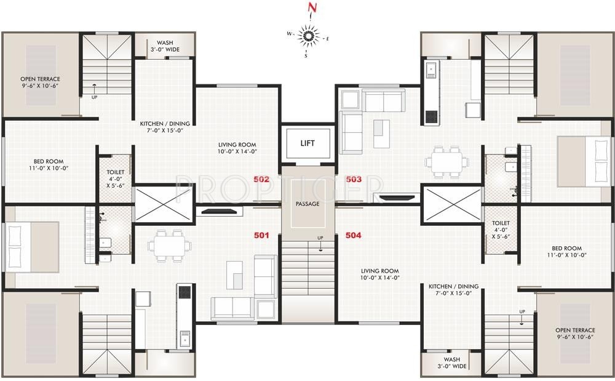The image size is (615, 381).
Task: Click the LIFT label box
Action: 307,143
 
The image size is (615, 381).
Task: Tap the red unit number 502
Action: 261,179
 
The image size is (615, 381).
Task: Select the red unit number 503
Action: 354,179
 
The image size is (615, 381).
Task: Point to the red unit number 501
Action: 262,235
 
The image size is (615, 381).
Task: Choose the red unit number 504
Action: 354,235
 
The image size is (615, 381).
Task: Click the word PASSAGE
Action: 307,204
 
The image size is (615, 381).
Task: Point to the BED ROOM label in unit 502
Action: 47,164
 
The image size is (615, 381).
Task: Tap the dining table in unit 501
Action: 168,245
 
